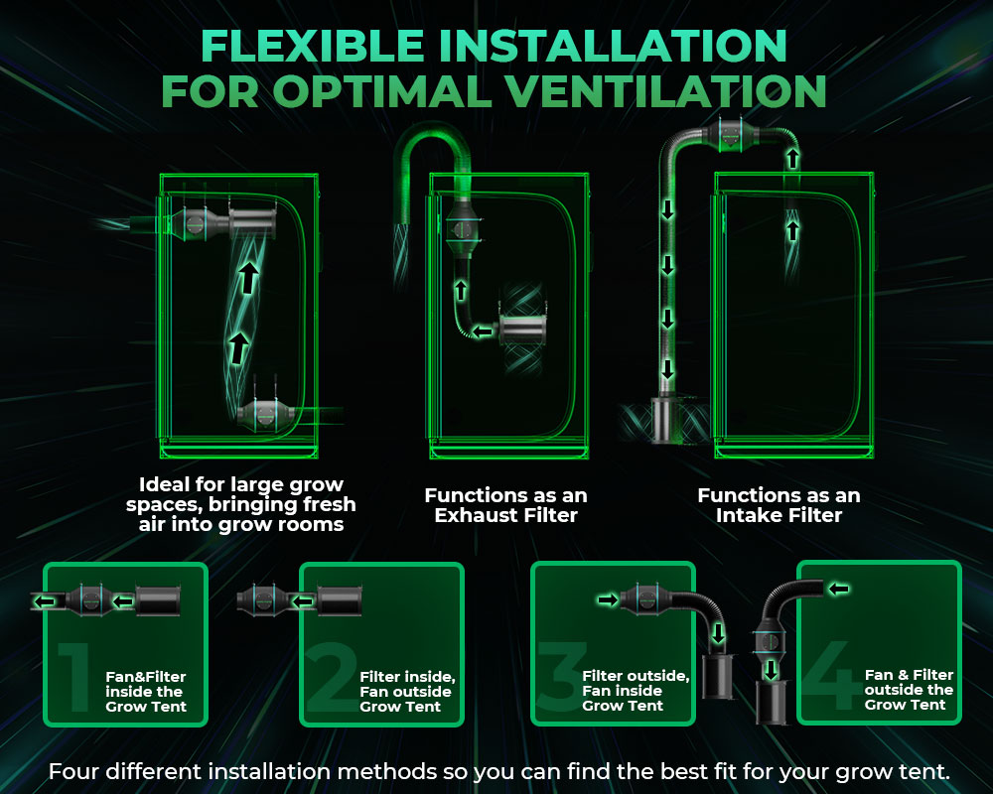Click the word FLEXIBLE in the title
312,46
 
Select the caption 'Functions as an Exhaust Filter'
506,505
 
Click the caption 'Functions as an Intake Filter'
779,505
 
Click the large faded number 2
331,677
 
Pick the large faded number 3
560,675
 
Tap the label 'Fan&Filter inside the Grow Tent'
146,692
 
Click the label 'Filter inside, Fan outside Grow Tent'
407,692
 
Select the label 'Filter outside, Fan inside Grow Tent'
636,690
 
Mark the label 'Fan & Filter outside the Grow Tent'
909,690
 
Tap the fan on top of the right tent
731,135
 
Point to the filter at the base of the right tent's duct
665,419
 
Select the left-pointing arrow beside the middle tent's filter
483,331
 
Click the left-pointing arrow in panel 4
838,589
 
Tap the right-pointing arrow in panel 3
608,599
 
